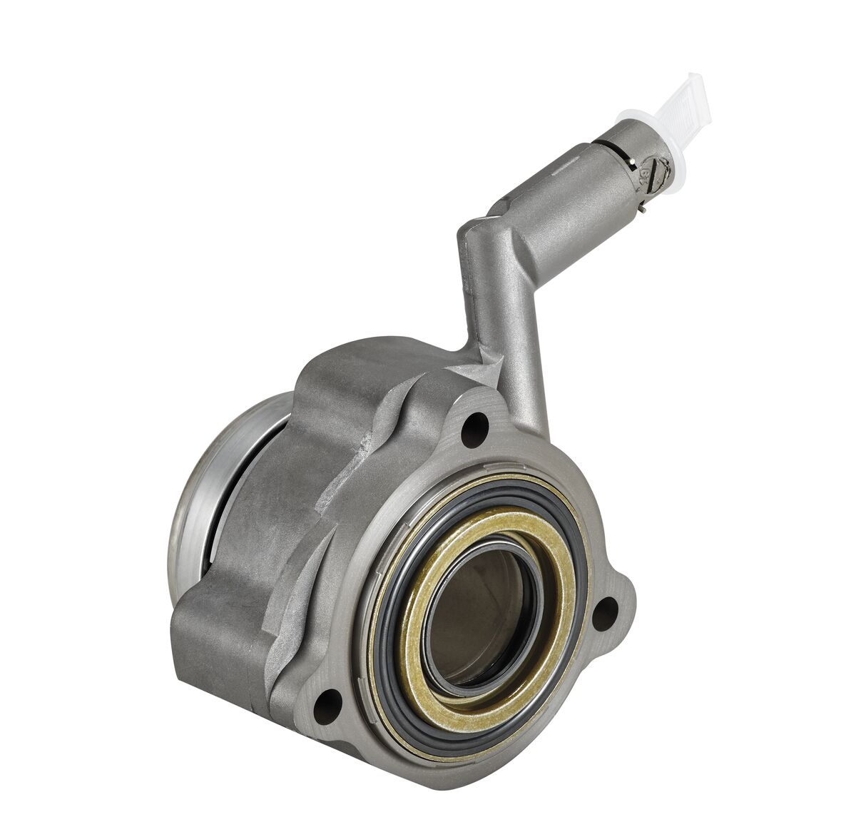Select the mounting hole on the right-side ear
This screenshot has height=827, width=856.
click(x=605, y=613)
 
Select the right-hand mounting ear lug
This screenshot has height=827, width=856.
click(x=613, y=607)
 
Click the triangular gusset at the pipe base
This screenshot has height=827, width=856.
click(x=474, y=371)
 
